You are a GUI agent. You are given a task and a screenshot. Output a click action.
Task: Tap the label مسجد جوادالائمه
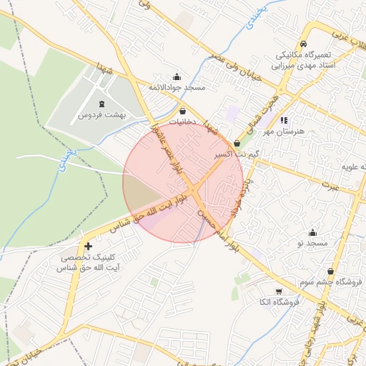tap(177, 87)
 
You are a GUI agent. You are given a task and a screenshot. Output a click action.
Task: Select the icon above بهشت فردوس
tap(101, 104)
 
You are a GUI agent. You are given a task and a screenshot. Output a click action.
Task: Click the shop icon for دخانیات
tap(184, 112)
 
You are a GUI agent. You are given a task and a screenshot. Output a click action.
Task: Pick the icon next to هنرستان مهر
tap(284, 121)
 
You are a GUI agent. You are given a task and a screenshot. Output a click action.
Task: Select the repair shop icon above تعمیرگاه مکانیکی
tap(302, 44)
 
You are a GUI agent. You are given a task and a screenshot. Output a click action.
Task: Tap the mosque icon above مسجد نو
tap(312, 232)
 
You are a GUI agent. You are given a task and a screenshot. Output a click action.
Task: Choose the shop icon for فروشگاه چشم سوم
tap(330, 272)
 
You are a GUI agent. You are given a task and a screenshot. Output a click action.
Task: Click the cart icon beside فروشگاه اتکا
tap(278, 291)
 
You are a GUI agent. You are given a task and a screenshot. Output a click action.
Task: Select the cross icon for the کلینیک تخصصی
tap(88, 246)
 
